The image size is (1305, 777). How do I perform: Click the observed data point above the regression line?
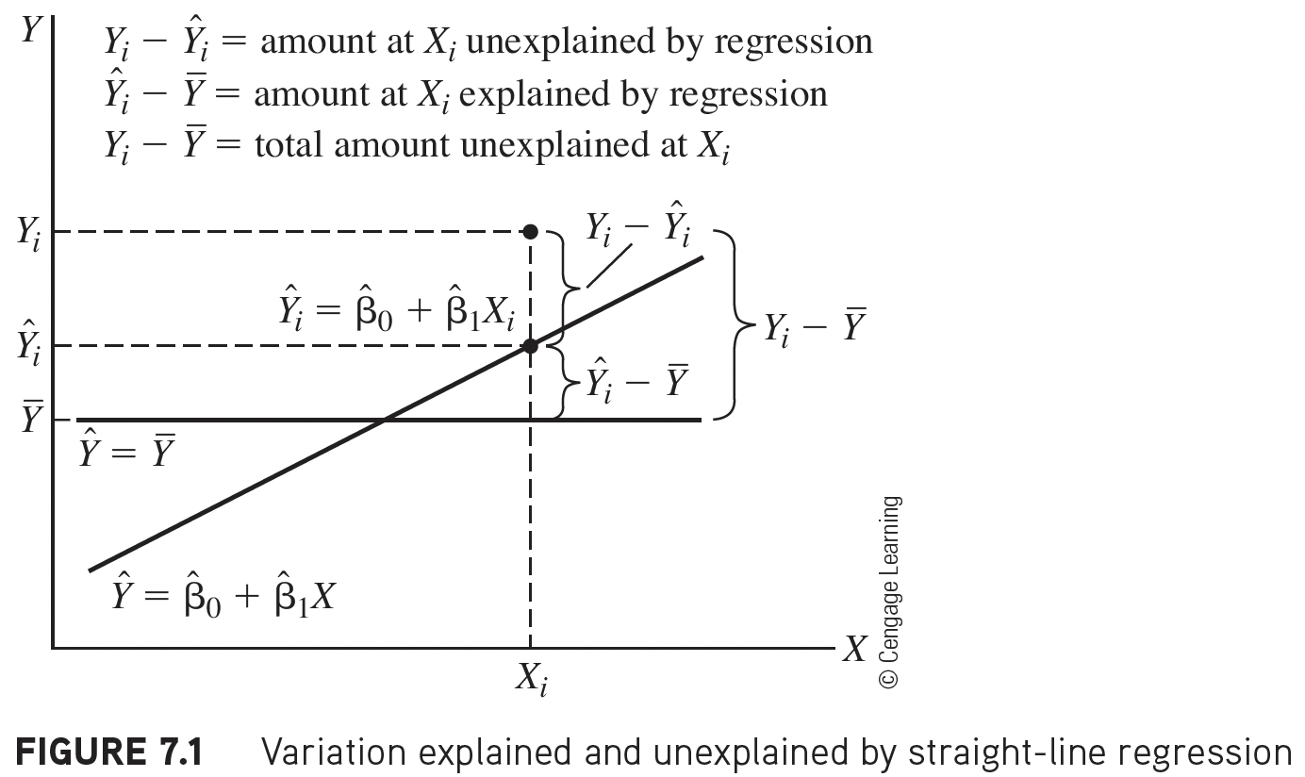click(531, 231)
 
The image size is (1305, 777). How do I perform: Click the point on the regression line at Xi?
click(531, 346)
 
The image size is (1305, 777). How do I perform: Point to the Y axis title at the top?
click(30, 30)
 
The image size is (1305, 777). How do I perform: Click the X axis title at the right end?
click(854, 649)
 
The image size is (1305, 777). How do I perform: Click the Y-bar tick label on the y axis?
click(31, 419)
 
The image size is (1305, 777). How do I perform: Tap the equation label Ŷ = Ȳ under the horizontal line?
click(127, 455)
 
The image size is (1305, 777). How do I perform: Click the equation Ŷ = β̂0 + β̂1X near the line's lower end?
click(223, 596)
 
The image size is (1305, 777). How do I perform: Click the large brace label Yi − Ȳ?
click(814, 329)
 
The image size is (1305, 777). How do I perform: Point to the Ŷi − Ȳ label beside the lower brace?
click(637, 383)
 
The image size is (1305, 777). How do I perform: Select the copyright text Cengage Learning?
click(891, 592)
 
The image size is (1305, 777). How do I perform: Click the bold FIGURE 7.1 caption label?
click(111, 752)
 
